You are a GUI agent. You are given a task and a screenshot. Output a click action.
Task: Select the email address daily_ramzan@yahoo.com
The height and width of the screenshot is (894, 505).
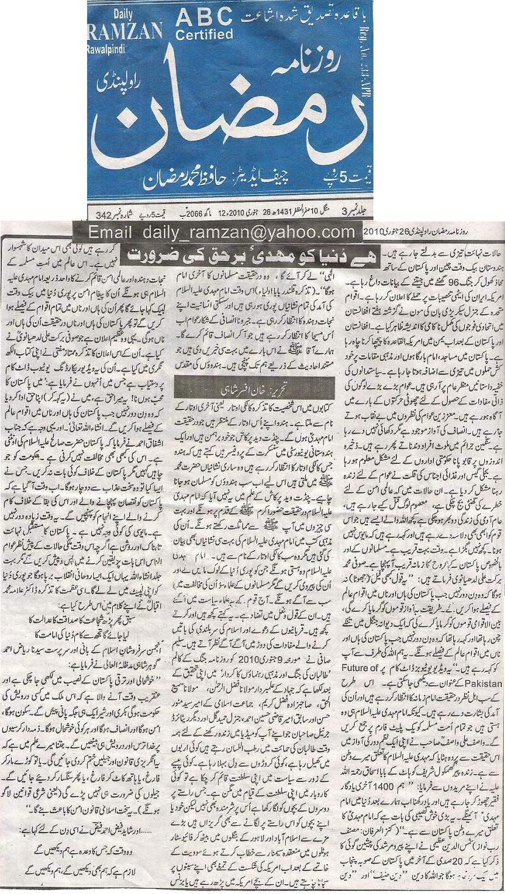222,231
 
